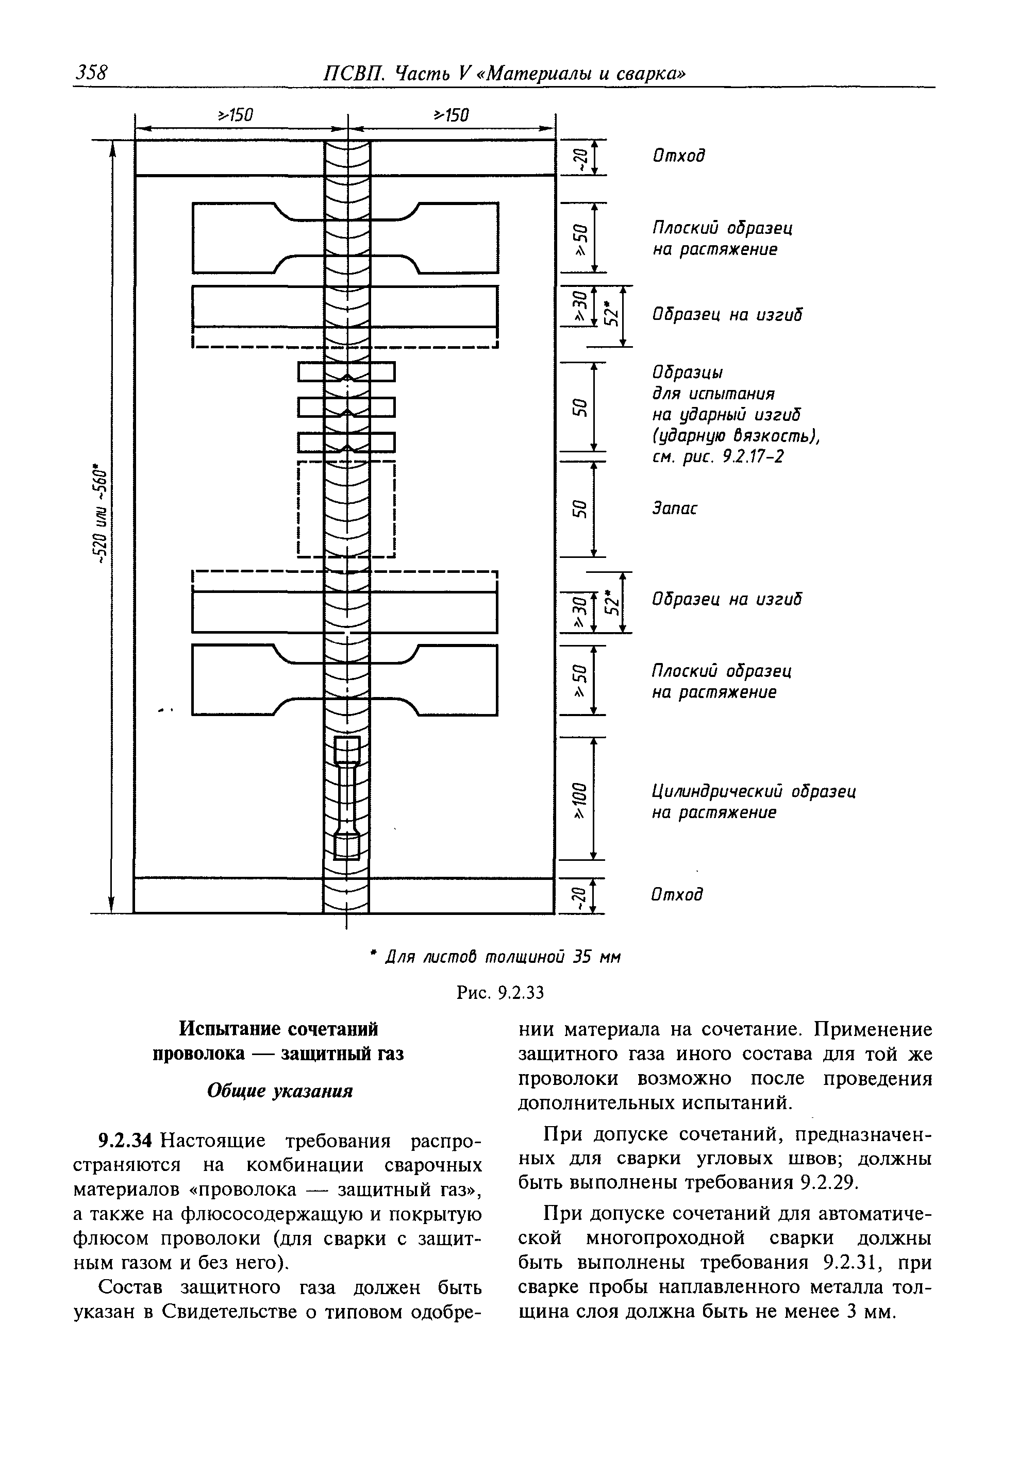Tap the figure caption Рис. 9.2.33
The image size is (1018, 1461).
point(500,992)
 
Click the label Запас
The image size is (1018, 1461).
point(674,508)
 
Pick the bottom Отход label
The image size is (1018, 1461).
point(677,894)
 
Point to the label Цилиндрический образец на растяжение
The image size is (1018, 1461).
point(753,802)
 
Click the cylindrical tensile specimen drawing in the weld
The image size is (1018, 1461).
point(347,798)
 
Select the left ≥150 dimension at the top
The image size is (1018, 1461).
point(236,115)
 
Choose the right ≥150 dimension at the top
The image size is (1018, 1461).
point(450,115)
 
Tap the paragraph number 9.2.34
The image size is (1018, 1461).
point(125,1141)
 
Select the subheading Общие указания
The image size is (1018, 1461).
point(279,1091)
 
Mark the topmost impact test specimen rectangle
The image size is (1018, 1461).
point(347,371)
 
